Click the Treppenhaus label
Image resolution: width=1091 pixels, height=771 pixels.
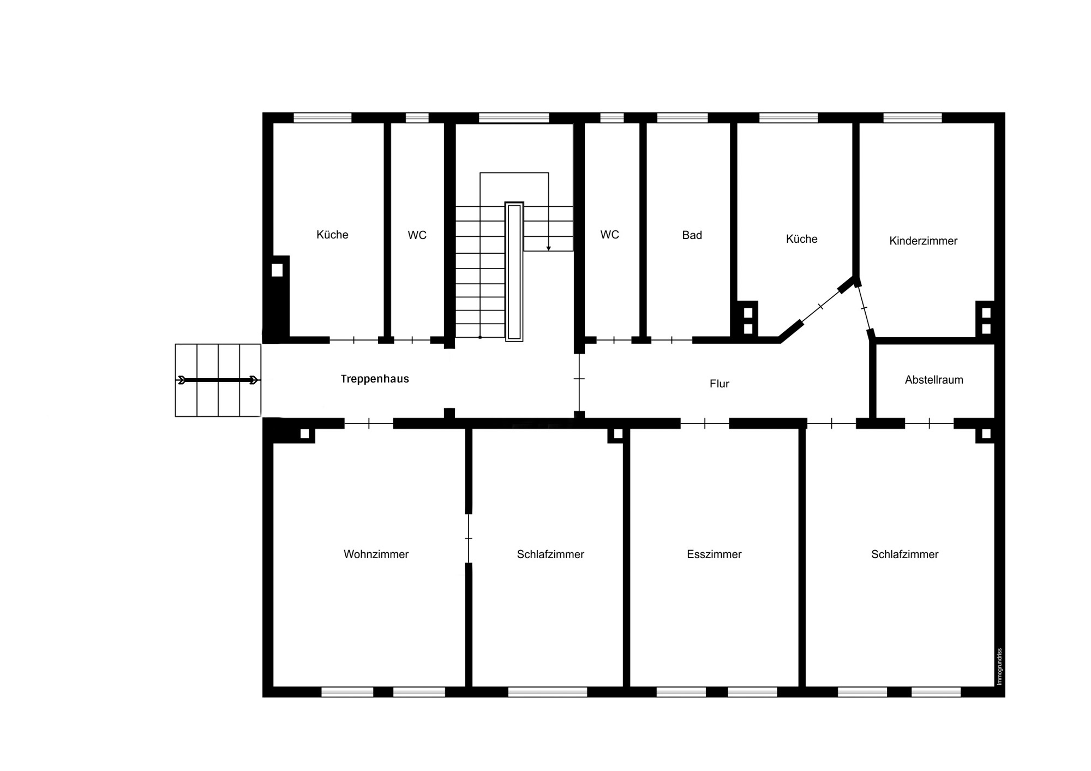coord(375,379)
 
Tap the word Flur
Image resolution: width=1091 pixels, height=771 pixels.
coord(719,384)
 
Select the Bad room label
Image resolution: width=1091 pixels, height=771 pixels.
coord(692,235)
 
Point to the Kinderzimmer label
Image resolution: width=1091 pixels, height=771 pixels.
coord(923,241)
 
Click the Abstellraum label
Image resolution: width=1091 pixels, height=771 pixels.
coord(934,380)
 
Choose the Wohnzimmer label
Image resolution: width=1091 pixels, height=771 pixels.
coord(376,554)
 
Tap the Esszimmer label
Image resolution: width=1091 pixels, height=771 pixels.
coord(714,554)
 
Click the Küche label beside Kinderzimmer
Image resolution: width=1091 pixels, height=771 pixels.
coord(801,239)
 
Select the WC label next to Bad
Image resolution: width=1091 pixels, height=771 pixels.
coord(609,235)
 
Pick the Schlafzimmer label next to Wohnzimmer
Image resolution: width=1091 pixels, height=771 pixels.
coord(550,554)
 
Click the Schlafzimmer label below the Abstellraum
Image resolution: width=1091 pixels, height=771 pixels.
coord(904,554)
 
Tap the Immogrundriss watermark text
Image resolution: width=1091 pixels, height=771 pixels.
coord(999,666)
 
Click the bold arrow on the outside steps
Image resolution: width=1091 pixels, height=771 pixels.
coord(218,380)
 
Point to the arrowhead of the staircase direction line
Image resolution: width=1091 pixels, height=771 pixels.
coord(549,248)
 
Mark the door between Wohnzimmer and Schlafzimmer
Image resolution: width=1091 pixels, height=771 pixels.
coord(468,539)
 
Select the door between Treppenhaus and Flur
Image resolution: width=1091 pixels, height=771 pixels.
coord(579,379)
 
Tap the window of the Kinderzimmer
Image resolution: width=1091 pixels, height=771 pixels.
coord(912,117)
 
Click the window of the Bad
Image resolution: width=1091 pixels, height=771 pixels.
coord(682,117)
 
